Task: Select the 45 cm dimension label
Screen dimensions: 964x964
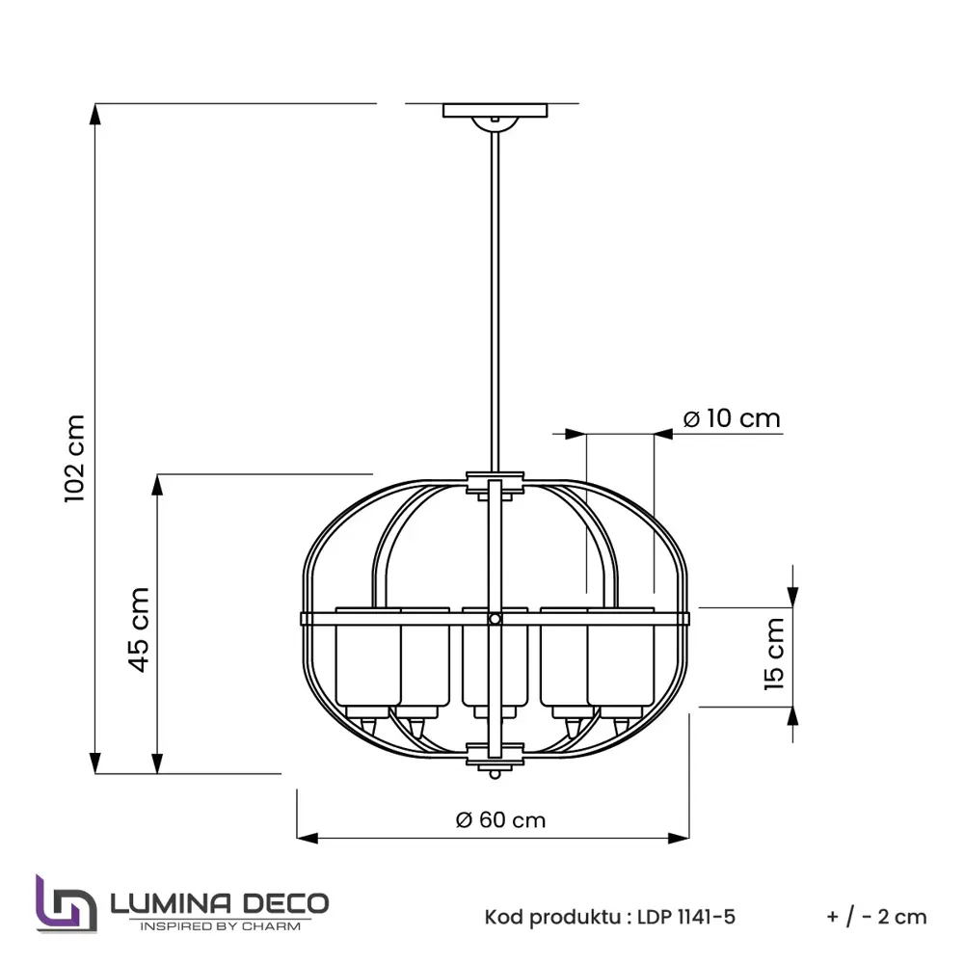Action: [x=139, y=629]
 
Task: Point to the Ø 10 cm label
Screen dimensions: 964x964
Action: [x=731, y=419]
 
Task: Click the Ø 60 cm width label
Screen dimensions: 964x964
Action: [x=500, y=820]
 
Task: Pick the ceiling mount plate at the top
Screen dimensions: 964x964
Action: [x=495, y=111]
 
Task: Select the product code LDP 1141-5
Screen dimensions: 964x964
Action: [x=686, y=917]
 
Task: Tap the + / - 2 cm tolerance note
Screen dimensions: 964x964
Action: [x=876, y=917]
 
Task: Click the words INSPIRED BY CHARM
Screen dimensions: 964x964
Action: [x=221, y=926]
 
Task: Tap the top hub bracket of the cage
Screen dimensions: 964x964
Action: [x=495, y=482]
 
